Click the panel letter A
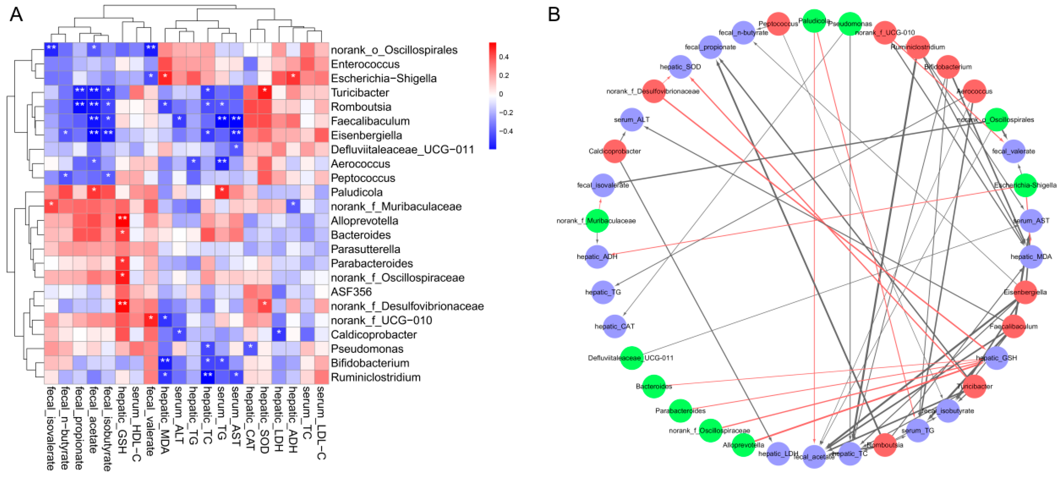point(16,14)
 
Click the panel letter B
point(554,14)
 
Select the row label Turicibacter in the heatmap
point(360,93)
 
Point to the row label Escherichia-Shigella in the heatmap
point(384,78)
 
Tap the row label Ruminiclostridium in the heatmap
point(375,377)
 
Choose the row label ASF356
point(351,292)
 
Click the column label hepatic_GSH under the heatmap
point(122,419)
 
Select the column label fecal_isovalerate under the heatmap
point(51,428)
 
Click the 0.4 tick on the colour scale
point(504,57)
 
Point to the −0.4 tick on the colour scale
point(506,131)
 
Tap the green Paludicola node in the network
point(814,21)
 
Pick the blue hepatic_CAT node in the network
point(614,326)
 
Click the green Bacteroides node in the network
point(654,386)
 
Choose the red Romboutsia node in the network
point(885,445)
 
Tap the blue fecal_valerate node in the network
point(1013,151)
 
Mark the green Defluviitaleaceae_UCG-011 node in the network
point(631,358)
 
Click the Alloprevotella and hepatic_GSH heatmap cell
point(122,221)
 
